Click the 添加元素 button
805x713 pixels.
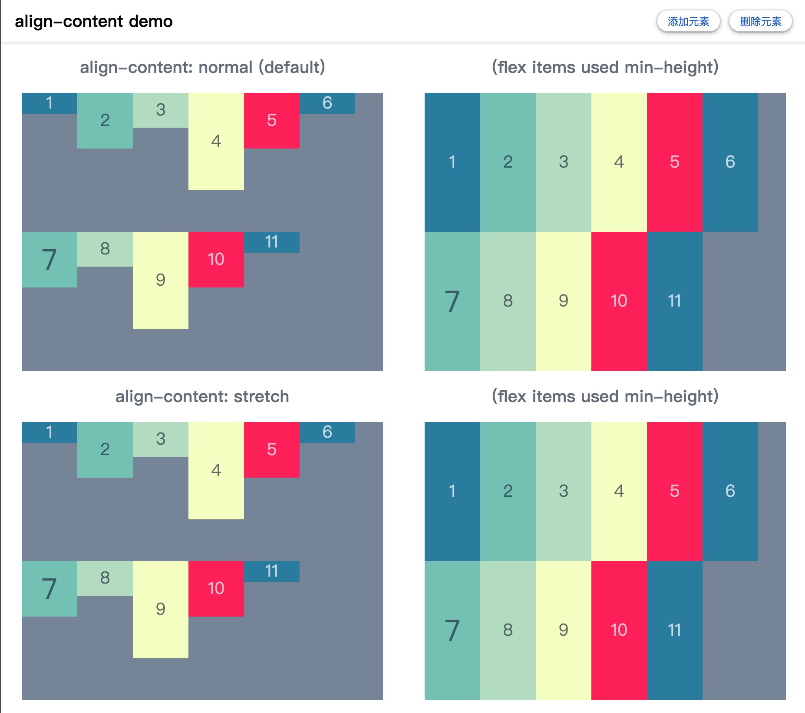click(x=688, y=21)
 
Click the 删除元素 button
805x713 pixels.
click(x=760, y=21)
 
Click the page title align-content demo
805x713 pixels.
click(x=94, y=21)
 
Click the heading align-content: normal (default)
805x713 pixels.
click(x=202, y=67)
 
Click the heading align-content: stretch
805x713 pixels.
click(x=202, y=396)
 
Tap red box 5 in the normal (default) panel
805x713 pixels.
click(x=272, y=120)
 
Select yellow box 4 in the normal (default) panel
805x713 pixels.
click(x=216, y=141)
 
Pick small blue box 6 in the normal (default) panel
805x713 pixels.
click(x=327, y=103)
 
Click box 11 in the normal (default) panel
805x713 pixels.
click(x=272, y=242)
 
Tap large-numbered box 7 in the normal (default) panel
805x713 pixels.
click(x=49, y=259)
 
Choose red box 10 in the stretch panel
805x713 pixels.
click(x=216, y=588)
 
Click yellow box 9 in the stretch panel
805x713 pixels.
click(x=161, y=609)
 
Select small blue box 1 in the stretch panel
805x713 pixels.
click(x=49, y=432)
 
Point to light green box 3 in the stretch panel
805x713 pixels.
click(x=161, y=439)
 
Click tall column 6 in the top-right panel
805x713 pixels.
click(x=730, y=162)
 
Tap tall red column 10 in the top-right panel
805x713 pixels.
click(x=619, y=301)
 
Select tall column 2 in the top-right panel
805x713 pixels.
click(x=508, y=162)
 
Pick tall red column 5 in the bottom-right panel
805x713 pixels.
click(x=675, y=491)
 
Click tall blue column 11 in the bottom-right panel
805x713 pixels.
click(x=675, y=630)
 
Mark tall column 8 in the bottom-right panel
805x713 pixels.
click(x=508, y=630)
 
